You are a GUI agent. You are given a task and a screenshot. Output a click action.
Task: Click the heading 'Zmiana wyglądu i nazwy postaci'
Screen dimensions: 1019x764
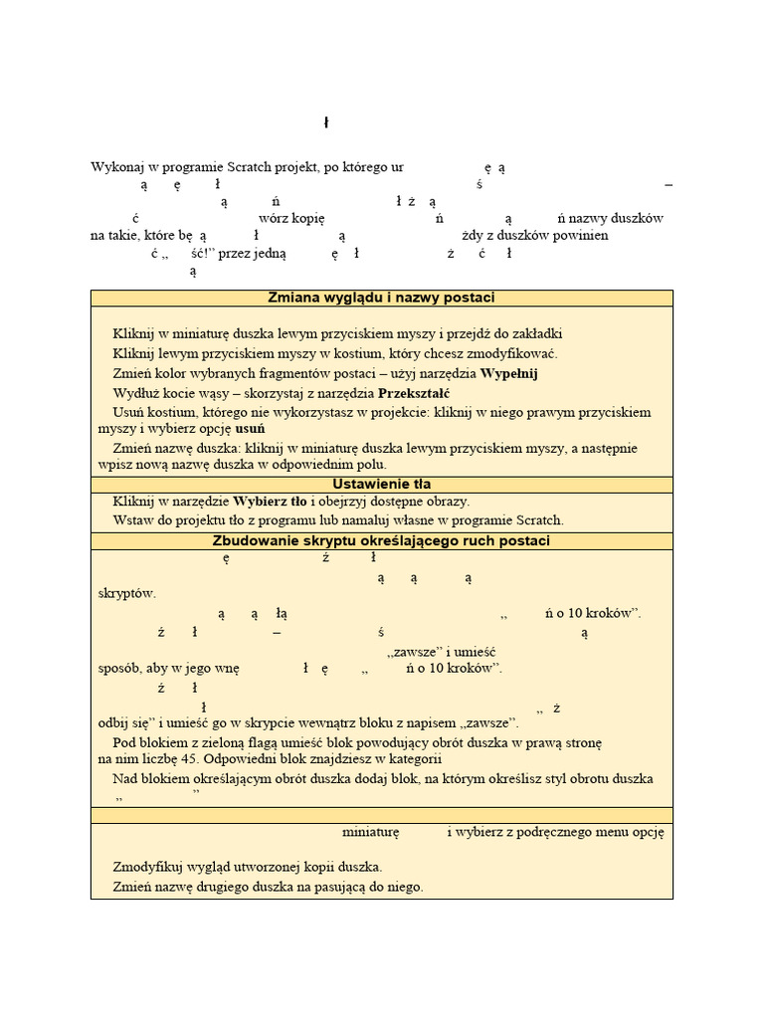click(x=382, y=299)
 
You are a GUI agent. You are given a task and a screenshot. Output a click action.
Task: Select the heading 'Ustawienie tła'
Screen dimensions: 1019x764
click(x=382, y=484)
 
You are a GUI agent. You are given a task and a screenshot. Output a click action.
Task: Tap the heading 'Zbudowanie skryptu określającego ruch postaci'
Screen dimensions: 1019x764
click(x=382, y=541)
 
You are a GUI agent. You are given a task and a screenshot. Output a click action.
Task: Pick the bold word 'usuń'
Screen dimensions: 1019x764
click(x=250, y=428)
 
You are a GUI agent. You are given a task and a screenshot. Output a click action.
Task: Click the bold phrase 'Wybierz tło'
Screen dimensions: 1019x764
click(x=270, y=502)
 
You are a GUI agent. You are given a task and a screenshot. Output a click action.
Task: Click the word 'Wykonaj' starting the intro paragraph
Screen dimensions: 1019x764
click(x=117, y=168)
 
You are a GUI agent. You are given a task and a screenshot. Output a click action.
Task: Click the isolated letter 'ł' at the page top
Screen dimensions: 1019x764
click(x=326, y=122)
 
